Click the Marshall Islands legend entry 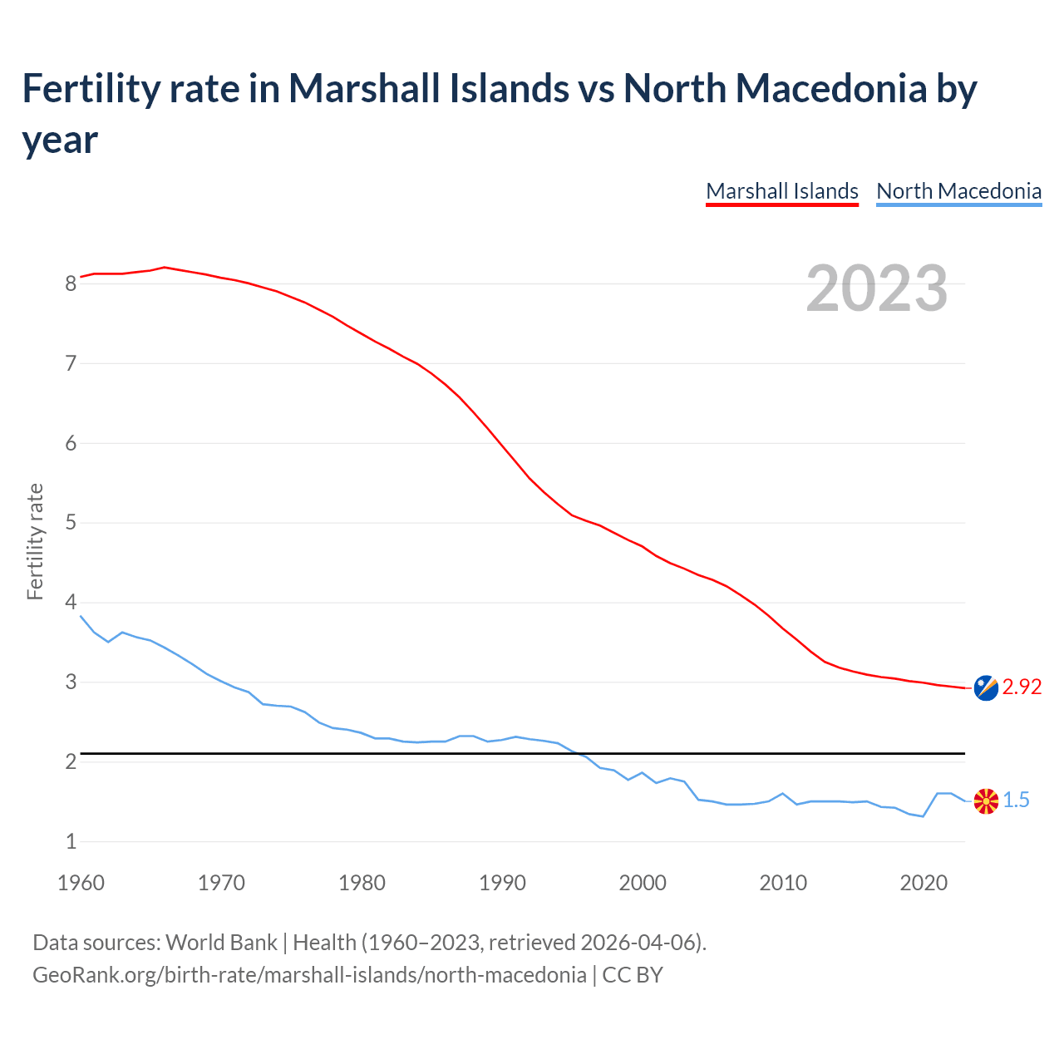tap(781, 191)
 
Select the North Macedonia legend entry tap(958, 191)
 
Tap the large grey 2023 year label tap(877, 288)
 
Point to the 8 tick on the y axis tap(71, 283)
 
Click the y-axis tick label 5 tap(71, 523)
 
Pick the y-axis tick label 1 tap(71, 841)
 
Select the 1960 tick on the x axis tap(81, 883)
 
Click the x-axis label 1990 tap(502, 883)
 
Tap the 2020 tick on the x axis tap(924, 883)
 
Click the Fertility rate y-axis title tap(35, 541)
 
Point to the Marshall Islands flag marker tap(986, 687)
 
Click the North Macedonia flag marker tap(986, 801)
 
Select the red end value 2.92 tap(1022, 687)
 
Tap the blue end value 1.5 tap(1016, 800)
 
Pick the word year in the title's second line tap(60, 140)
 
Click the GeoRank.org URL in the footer tap(309, 974)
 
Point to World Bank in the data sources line tap(221, 943)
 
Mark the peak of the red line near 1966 tap(165, 267)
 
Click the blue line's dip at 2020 tap(923, 816)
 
